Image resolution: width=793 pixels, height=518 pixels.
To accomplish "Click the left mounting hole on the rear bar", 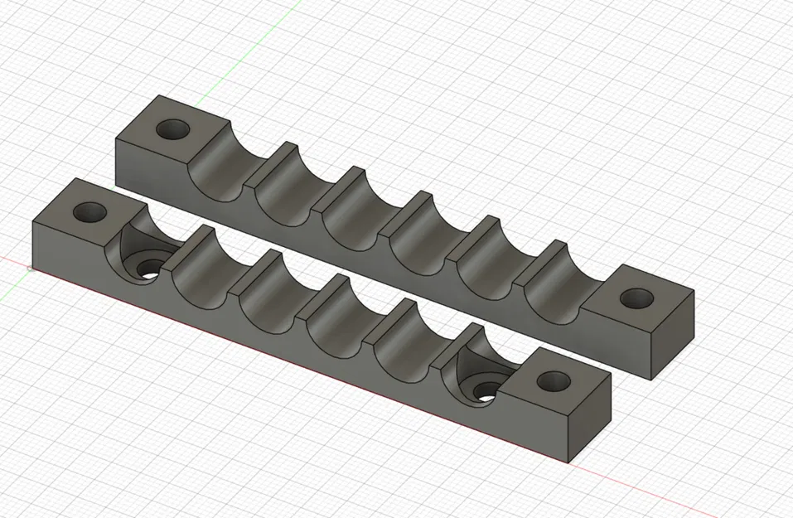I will tap(174, 130).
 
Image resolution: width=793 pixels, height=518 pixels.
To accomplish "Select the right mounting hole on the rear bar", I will tap(636, 298).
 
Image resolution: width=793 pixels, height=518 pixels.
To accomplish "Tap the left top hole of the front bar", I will tap(89, 212).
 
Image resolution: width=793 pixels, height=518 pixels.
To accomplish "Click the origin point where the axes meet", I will tap(30, 267).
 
